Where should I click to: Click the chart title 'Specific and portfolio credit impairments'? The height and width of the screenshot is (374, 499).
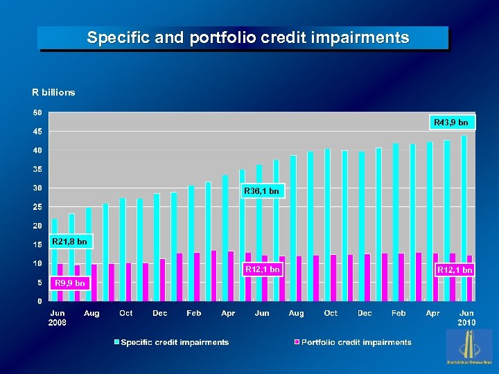coord(247,38)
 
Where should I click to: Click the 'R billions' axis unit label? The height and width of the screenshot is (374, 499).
coord(53,92)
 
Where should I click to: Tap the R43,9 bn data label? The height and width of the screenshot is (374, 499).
coord(450,123)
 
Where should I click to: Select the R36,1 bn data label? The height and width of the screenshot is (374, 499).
coord(262,190)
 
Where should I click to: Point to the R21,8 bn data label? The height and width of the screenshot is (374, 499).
coord(70,242)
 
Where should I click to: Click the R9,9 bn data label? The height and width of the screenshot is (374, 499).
coord(69,283)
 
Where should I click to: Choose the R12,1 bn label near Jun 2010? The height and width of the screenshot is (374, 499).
coord(455,269)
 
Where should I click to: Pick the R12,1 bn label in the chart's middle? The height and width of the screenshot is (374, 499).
coord(263,269)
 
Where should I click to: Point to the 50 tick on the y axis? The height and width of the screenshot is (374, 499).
coord(37,113)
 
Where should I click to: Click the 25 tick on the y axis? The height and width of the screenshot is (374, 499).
coord(37,207)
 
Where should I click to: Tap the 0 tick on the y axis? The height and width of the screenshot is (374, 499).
coord(39,301)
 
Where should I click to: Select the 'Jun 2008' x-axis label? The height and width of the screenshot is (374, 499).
coord(58,318)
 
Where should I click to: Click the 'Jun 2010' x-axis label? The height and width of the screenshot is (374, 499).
coord(466,318)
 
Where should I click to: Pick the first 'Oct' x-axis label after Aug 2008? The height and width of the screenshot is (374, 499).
coord(125,314)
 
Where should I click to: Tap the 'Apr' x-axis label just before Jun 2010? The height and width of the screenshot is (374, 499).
coord(432,314)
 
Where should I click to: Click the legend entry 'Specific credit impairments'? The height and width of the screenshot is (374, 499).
coord(174,342)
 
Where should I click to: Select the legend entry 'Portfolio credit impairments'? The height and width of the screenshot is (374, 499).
coord(356,342)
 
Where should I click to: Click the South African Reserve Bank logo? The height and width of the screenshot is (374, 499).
coord(469,346)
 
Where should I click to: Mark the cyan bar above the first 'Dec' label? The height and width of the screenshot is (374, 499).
coord(157,247)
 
